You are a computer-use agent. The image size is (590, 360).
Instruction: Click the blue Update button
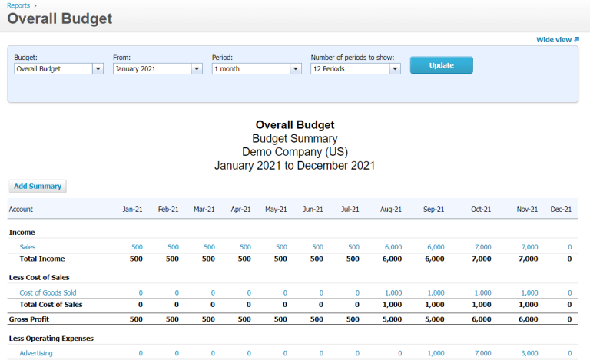pos(441,65)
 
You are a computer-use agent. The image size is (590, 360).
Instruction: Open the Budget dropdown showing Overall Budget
pos(58,68)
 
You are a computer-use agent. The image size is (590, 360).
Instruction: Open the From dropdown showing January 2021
pos(157,68)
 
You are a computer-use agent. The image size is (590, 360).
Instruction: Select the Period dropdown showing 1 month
pos(256,68)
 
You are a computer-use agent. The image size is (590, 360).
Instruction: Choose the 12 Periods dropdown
pos(355,68)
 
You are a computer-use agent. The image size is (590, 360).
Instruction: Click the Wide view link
pos(557,40)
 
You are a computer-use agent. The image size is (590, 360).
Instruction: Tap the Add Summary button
pos(38,186)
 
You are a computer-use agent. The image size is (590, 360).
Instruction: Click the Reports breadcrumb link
pos(18,5)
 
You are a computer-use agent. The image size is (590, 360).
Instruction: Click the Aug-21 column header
pos(392,210)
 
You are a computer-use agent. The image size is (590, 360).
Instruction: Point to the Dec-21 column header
pos(561,210)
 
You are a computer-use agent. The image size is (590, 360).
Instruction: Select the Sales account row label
pos(28,247)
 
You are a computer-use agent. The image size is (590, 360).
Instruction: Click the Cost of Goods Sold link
pos(48,292)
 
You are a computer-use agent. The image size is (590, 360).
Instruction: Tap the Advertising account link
pos(36,353)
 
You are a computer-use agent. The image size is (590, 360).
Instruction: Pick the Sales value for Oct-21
pos(482,247)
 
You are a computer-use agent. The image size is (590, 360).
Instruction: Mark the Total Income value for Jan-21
pos(136,259)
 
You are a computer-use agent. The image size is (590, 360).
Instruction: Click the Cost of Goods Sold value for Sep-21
pos(436,292)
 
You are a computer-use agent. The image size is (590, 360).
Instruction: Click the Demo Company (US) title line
pos(294,152)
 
